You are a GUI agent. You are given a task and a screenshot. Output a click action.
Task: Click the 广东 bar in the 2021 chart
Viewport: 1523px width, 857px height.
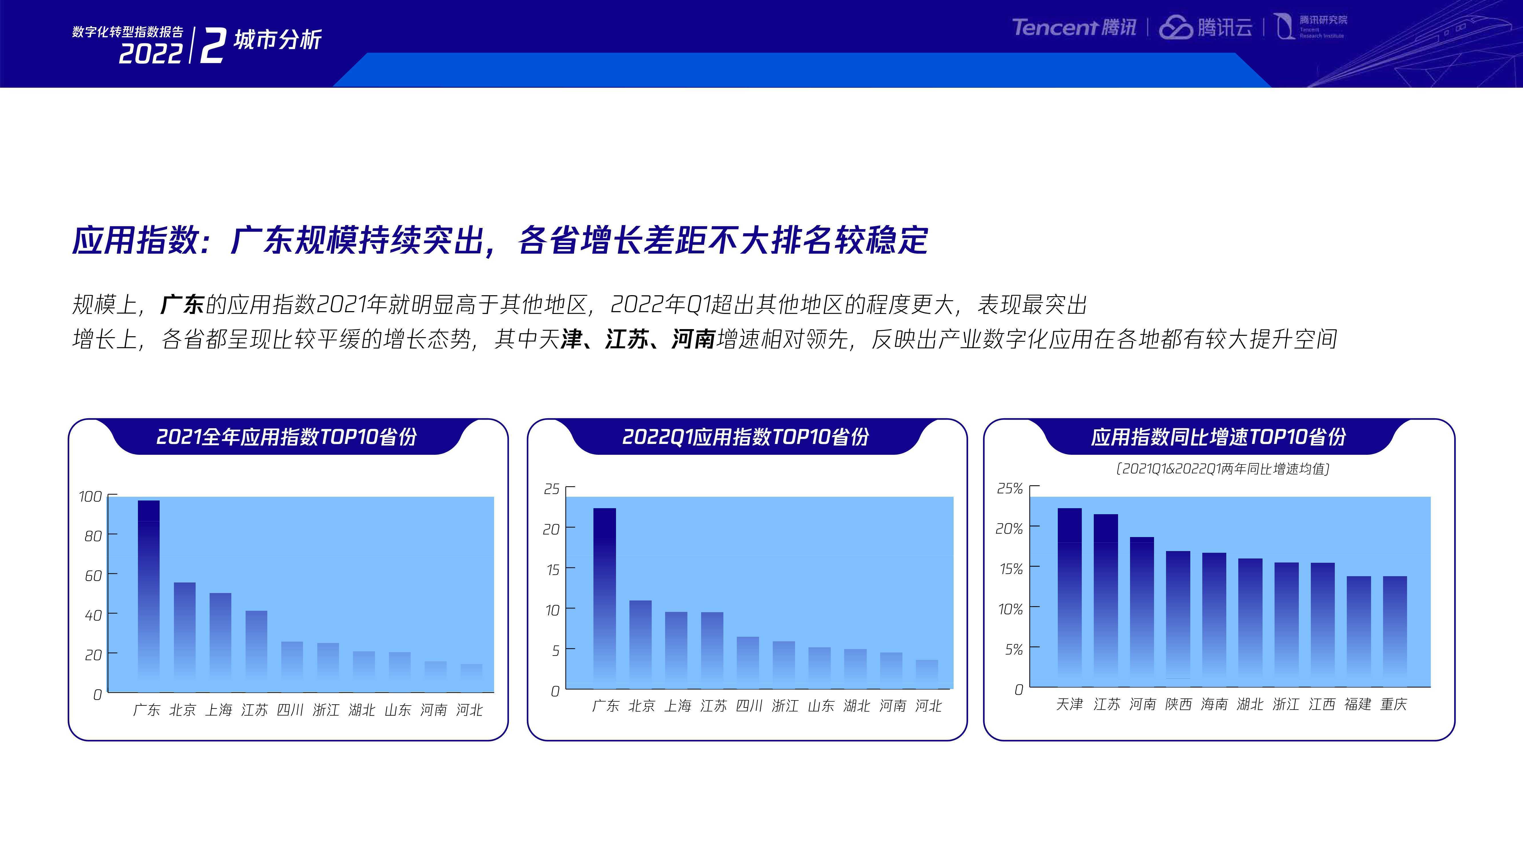point(149,596)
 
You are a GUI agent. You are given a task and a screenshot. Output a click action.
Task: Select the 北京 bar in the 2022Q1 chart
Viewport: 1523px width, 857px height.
point(640,645)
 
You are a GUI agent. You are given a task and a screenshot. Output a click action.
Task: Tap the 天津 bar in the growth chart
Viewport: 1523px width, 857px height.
point(1069,597)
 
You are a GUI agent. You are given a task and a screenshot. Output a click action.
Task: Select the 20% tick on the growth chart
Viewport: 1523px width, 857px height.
point(1009,528)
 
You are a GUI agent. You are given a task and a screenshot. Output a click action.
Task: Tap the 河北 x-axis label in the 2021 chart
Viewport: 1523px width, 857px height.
point(469,710)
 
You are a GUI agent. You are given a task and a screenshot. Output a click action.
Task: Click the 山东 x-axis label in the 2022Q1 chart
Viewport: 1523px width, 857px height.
point(821,706)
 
